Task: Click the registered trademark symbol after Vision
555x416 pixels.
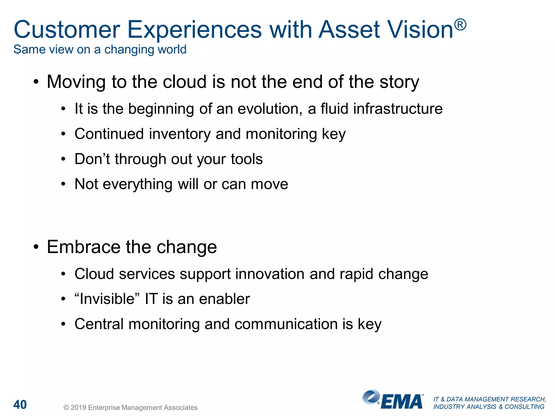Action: point(460,25)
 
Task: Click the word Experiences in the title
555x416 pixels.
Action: point(194,30)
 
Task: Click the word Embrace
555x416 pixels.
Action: point(83,247)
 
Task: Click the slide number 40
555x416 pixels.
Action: point(20,405)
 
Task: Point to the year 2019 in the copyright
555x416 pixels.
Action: point(78,408)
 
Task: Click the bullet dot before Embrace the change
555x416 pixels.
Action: point(36,247)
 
